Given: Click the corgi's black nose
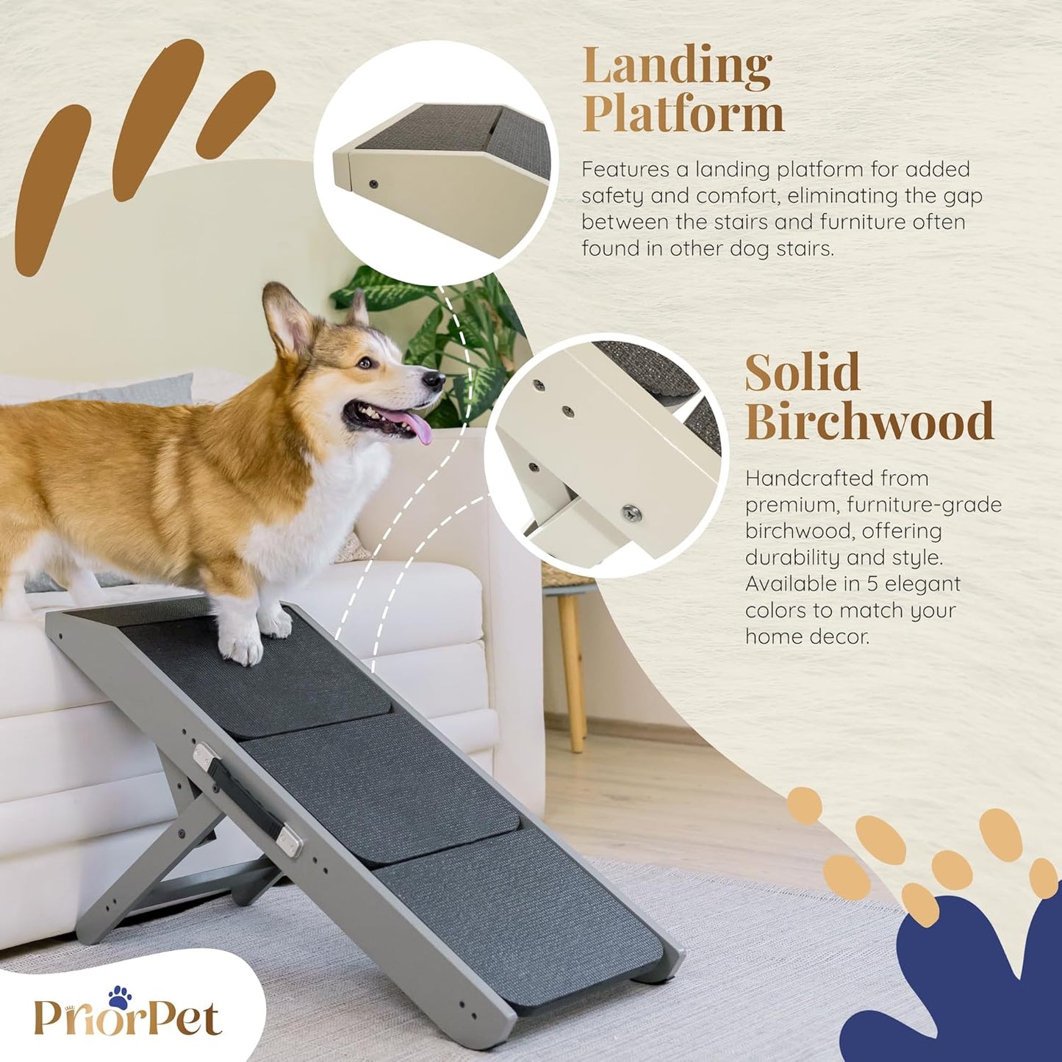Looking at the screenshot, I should [x=435, y=380].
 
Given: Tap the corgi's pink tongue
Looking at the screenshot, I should [x=415, y=426].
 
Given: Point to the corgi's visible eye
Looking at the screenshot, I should [x=365, y=362].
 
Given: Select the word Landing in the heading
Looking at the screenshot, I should [x=677, y=68].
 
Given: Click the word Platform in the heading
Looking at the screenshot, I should [x=683, y=115].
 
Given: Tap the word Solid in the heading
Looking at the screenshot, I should [x=802, y=373].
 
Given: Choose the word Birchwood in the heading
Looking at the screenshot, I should [x=869, y=421].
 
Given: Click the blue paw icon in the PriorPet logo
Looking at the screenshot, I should [x=120, y=997].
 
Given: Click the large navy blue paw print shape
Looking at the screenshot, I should [x=963, y=985].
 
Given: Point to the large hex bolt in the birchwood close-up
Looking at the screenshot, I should [x=631, y=512].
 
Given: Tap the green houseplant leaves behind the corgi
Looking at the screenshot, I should [x=456, y=331].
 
